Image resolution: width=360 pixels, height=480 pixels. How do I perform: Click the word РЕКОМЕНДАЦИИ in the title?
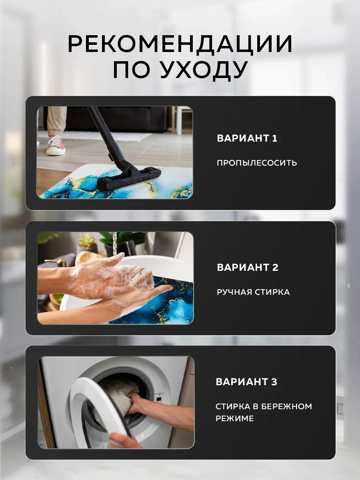tap(180, 44)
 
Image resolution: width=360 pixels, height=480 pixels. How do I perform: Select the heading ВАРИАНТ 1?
tap(247, 138)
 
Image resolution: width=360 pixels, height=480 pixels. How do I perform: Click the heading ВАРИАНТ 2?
tap(248, 268)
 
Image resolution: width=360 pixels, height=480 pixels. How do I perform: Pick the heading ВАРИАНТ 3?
tap(246, 382)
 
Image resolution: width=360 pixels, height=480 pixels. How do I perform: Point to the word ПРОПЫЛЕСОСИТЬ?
tap(257, 163)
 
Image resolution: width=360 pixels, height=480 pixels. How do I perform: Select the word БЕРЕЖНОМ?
tap(286, 406)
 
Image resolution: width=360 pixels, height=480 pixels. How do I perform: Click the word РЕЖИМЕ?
tap(235, 418)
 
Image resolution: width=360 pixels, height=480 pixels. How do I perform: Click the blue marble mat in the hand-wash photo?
tap(168, 304)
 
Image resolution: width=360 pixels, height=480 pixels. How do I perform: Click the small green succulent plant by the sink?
tap(86, 242)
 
